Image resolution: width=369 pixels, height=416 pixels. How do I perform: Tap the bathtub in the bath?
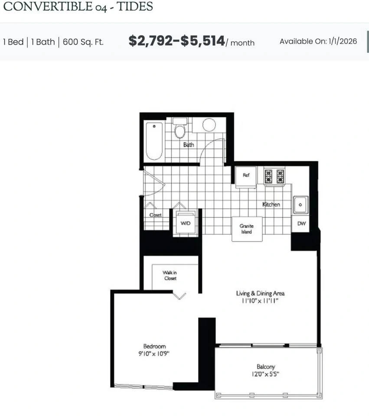[x=154, y=141]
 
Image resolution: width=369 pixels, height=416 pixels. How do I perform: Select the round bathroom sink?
[x=209, y=125]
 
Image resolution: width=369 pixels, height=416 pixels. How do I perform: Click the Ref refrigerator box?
[x=246, y=177]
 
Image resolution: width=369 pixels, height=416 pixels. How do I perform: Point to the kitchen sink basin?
[x=300, y=205]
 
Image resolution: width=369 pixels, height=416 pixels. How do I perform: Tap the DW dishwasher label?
[x=301, y=224]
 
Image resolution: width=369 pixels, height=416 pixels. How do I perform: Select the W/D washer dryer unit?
[x=186, y=222]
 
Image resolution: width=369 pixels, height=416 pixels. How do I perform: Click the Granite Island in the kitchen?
[x=247, y=229]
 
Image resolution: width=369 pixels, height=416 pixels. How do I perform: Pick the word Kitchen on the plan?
[x=271, y=204]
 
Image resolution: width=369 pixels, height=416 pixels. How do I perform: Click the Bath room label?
[x=189, y=145]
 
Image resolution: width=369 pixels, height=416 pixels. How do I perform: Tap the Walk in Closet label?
[x=170, y=276]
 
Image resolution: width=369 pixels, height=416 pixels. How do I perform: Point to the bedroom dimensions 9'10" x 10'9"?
[x=154, y=354]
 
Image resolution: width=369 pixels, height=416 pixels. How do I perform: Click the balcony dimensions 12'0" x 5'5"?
[x=265, y=374]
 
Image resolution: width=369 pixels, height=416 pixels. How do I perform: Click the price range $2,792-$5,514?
[x=177, y=41]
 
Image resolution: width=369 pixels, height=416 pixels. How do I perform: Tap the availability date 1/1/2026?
[x=343, y=41]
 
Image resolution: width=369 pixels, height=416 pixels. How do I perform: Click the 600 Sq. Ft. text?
[x=83, y=42]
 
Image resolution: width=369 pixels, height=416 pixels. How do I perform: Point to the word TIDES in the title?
[x=135, y=6]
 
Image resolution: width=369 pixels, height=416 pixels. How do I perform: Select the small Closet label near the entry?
[x=155, y=215]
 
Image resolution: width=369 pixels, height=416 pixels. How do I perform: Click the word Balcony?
[x=266, y=367]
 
